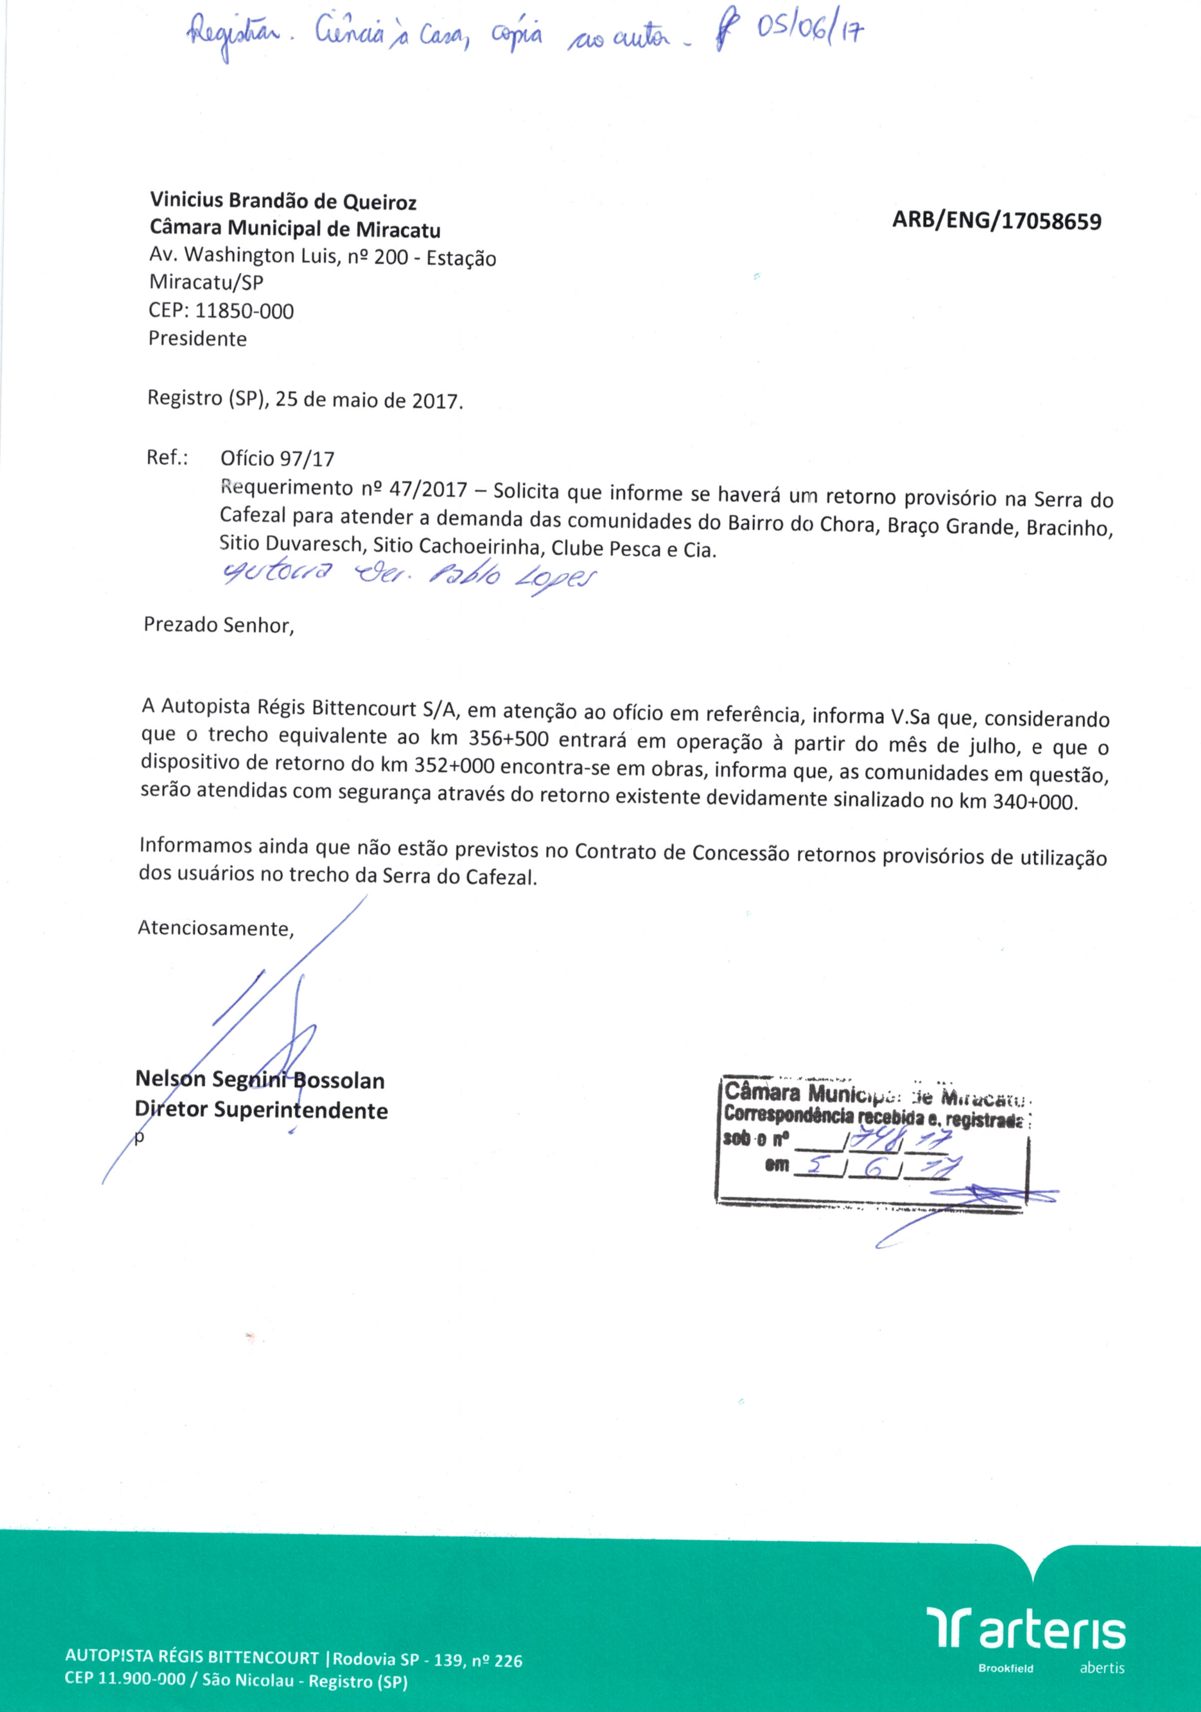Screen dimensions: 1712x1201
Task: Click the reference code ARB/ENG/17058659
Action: [997, 221]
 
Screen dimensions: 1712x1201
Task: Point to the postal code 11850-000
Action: [244, 311]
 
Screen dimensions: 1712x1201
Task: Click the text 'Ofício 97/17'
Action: [277, 459]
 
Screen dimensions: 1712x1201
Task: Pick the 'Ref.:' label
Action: [168, 457]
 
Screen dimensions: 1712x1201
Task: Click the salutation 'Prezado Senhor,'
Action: [219, 624]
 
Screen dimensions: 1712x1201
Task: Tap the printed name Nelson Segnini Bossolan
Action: [259, 1080]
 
